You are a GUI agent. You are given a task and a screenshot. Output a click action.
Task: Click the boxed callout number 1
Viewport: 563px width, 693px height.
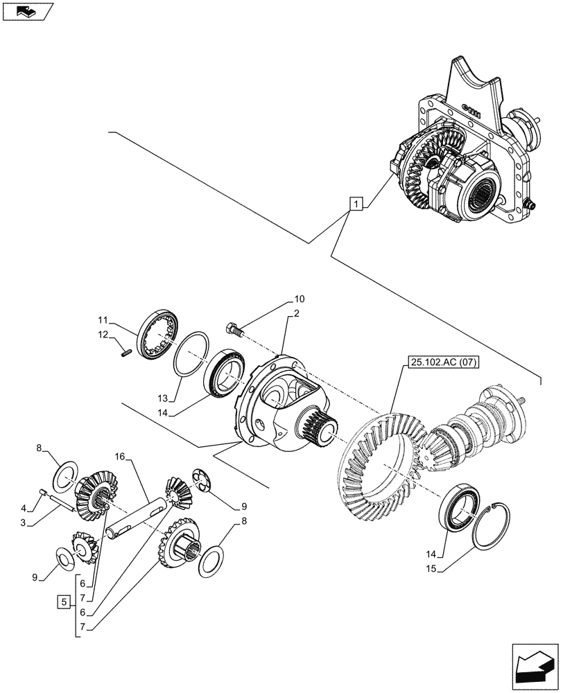[x=355, y=204]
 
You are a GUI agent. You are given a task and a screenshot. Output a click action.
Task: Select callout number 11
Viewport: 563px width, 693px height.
[x=103, y=321]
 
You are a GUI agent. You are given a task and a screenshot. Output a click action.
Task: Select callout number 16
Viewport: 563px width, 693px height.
[x=120, y=457]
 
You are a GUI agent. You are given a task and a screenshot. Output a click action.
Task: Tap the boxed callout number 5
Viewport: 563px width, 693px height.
[x=62, y=602]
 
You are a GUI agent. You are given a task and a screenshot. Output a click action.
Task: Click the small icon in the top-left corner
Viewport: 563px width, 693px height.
[x=27, y=11]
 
